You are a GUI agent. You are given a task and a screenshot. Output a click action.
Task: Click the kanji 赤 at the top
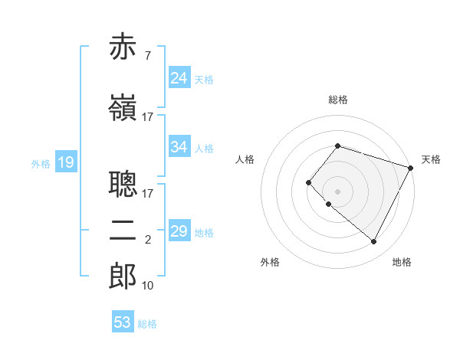[x=123, y=47]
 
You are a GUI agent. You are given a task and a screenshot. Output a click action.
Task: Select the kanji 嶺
[x=123, y=108]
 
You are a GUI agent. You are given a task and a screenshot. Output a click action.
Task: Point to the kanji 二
[x=123, y=231]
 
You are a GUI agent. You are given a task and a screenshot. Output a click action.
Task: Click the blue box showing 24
[x=179, y=78]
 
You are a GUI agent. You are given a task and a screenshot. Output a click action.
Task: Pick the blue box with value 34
[x=179, y=147]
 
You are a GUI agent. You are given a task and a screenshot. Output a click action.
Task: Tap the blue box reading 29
[x=179, y=231]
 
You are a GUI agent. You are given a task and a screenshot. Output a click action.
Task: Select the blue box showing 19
[x=65, y=162]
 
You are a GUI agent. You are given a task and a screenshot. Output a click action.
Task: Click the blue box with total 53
[x=123, y=322]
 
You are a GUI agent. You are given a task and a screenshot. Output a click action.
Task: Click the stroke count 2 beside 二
[x=147, y=240]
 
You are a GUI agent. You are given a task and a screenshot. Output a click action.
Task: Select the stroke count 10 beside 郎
[x=147, y=286]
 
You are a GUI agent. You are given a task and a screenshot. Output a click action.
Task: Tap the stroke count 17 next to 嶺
[x=147, y=117]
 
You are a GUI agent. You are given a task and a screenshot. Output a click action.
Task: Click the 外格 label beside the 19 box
[x=41, y=163]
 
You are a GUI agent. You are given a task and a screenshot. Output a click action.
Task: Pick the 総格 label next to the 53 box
[x=147, y=324]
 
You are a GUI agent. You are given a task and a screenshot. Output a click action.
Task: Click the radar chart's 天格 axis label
[x=431, y=159]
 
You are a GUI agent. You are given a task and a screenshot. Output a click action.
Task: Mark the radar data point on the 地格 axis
[x=373, y=242]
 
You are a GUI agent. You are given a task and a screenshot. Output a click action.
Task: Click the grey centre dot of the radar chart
[x=337, y=191]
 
